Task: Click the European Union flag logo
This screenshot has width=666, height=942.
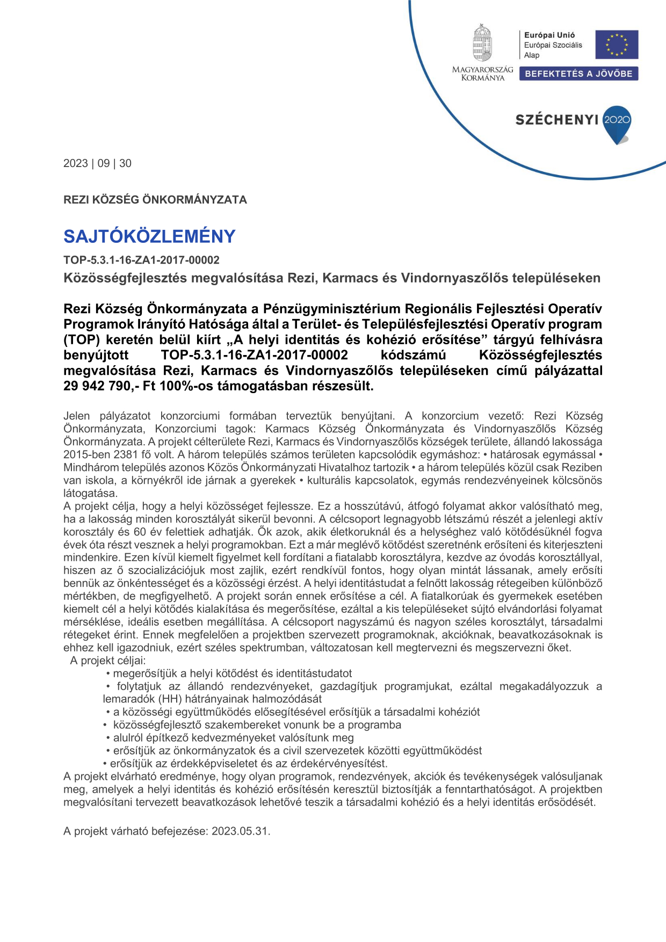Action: point(617,45)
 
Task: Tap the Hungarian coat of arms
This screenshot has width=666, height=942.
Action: point(482,44)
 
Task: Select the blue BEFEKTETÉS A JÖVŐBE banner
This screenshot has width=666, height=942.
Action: point(578,74)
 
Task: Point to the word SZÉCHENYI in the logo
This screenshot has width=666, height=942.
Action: point(556,120)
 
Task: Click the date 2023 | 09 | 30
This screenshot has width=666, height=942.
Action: point(97,163)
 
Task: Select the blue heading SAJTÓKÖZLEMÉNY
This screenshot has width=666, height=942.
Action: point(149,236)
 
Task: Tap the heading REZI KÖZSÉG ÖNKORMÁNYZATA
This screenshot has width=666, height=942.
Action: point(155,200)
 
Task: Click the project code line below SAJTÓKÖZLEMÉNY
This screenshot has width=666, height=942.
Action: point(141,260)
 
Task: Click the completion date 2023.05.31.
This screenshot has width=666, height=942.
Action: point(241,831)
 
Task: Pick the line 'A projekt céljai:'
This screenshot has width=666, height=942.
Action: point(108,661)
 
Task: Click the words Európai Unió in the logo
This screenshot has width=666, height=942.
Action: point(549,35)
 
